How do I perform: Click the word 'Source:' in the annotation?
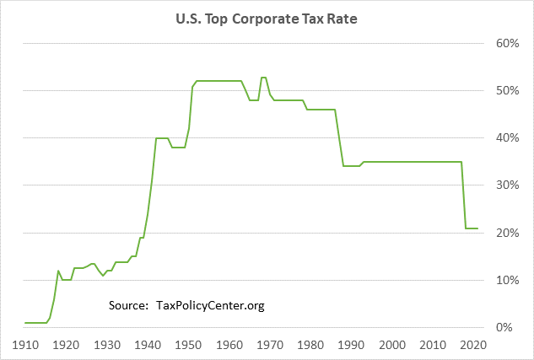[x=129, y=305]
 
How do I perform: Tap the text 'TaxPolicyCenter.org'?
[x=211, y=305]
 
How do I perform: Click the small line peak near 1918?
[x=58, y=271]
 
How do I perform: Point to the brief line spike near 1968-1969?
[x=263, y=78]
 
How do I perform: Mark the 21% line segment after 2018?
[x=472, y=228]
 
